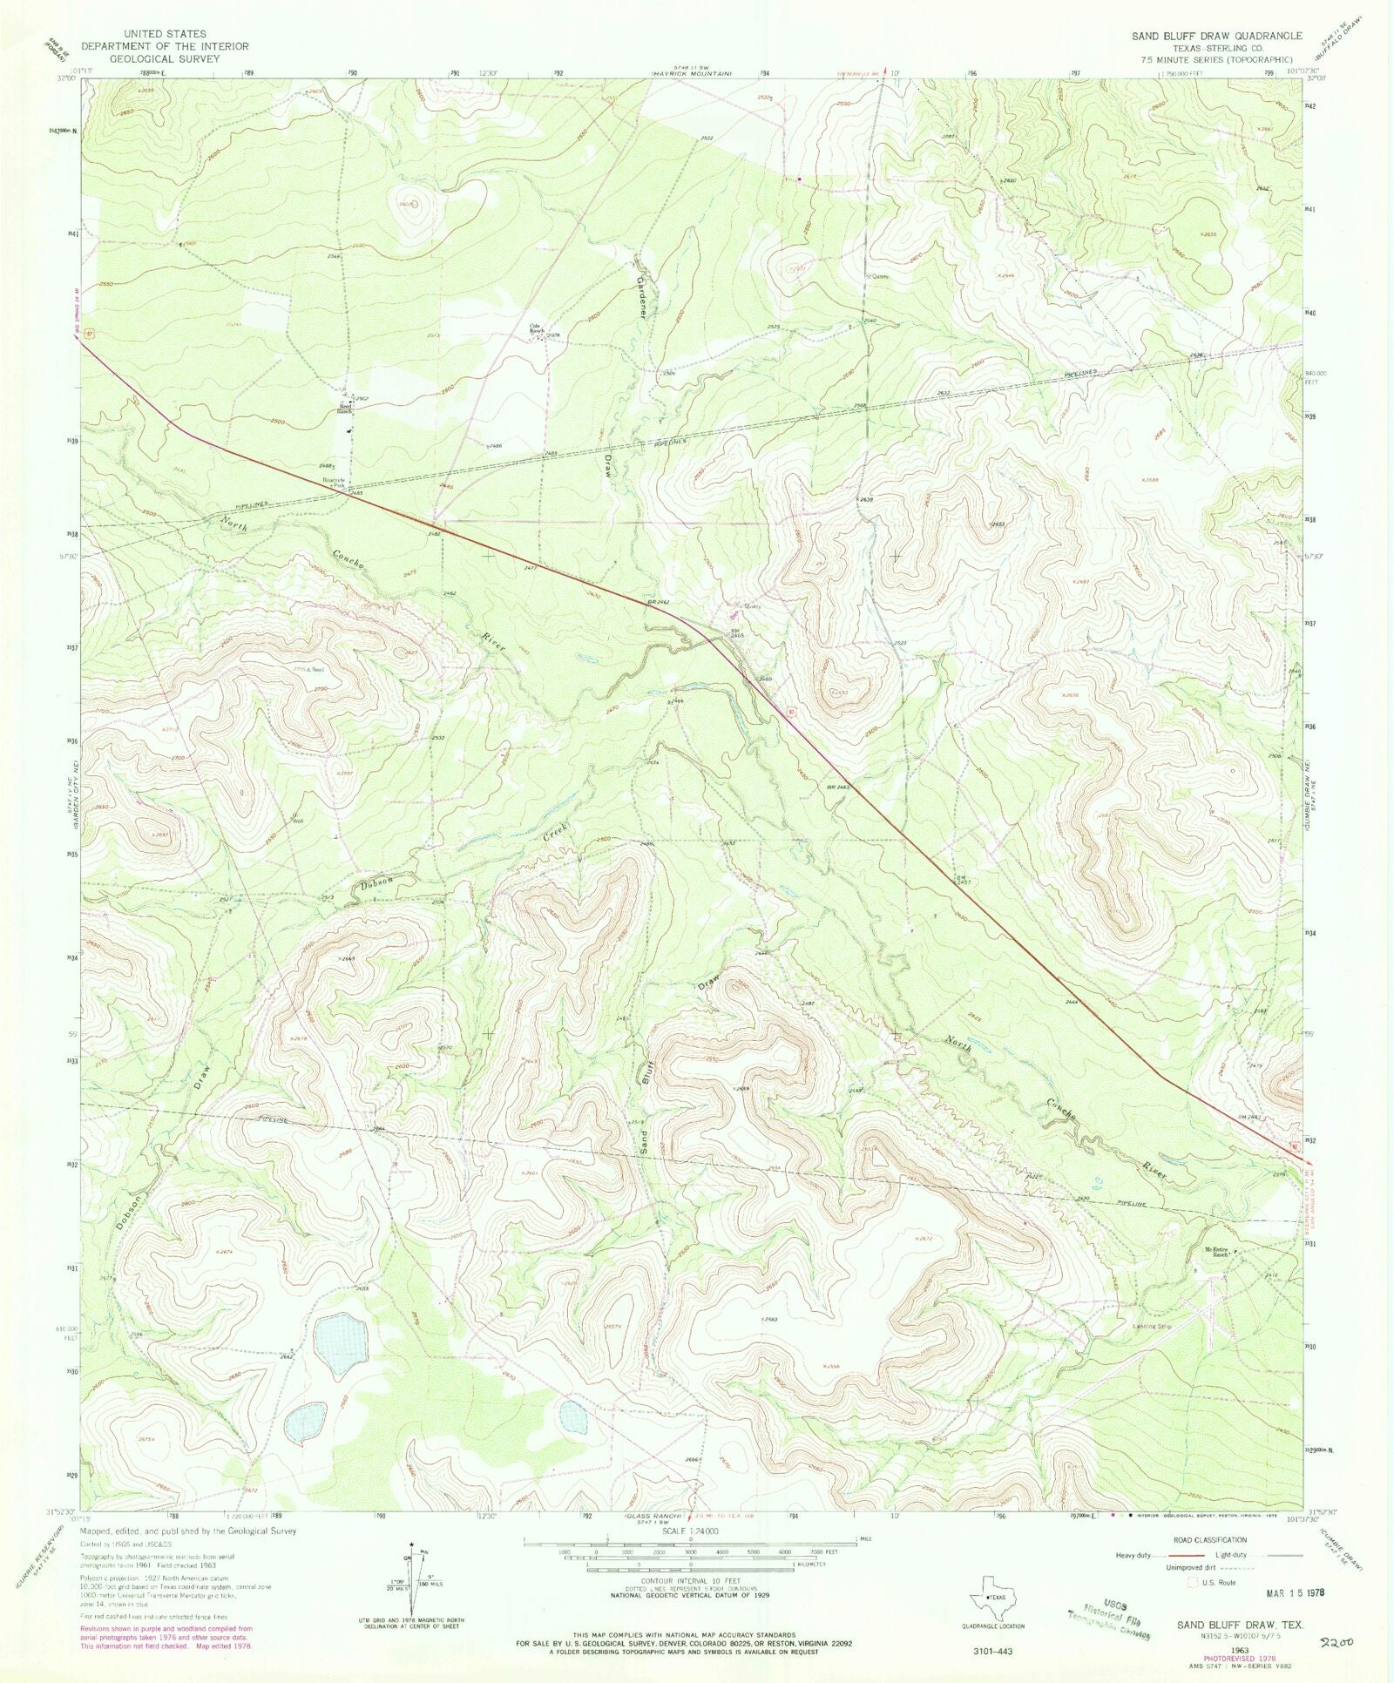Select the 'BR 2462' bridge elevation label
click(658, 603)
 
